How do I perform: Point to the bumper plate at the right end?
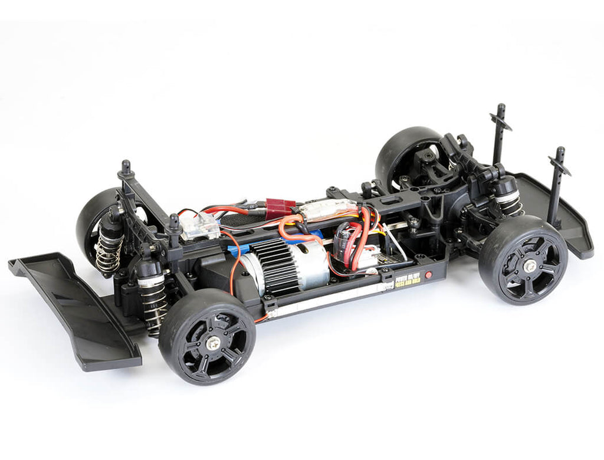tap(560, 212)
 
